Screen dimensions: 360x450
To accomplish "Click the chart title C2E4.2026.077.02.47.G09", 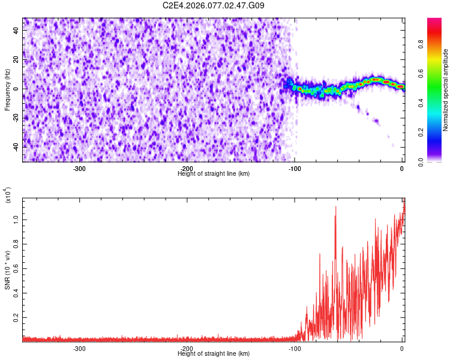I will coord(214,5).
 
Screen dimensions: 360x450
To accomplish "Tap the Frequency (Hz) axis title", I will coord(7,89).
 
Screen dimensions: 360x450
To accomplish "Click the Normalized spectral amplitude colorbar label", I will coord(446,91).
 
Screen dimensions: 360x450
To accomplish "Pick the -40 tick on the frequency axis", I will coord(14,147).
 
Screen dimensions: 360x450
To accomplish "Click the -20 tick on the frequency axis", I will coord(14,118).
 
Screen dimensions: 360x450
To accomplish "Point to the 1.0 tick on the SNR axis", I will coord(16,220).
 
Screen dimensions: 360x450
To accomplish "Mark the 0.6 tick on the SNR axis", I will coord(16,268).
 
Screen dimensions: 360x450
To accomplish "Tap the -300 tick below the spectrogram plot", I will coord(79,169).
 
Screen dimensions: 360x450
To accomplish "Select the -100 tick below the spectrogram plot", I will coord(294,169).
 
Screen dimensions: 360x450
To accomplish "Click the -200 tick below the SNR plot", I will coord(187,349).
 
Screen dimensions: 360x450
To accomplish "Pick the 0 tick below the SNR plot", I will coord(402,349).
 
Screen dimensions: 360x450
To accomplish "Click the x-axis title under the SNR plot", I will coord(214,354).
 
